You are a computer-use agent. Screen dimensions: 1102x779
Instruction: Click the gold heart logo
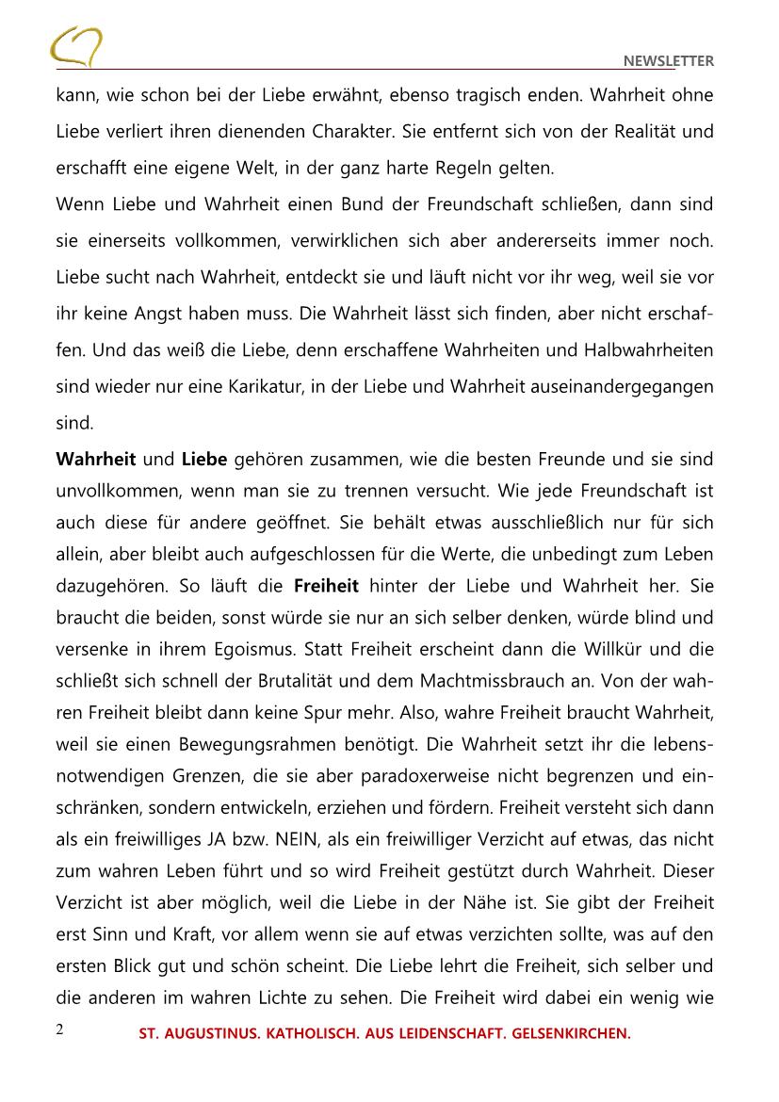pyautogui.click(x=76, y=47)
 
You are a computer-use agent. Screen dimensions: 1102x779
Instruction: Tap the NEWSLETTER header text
pyautogui.click(x=669, y=61)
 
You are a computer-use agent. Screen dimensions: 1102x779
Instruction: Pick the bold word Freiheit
pyautogui.click(x=326, y=586)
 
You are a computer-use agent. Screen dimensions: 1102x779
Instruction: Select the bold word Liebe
pyautogui.click(x=204, y=459)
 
